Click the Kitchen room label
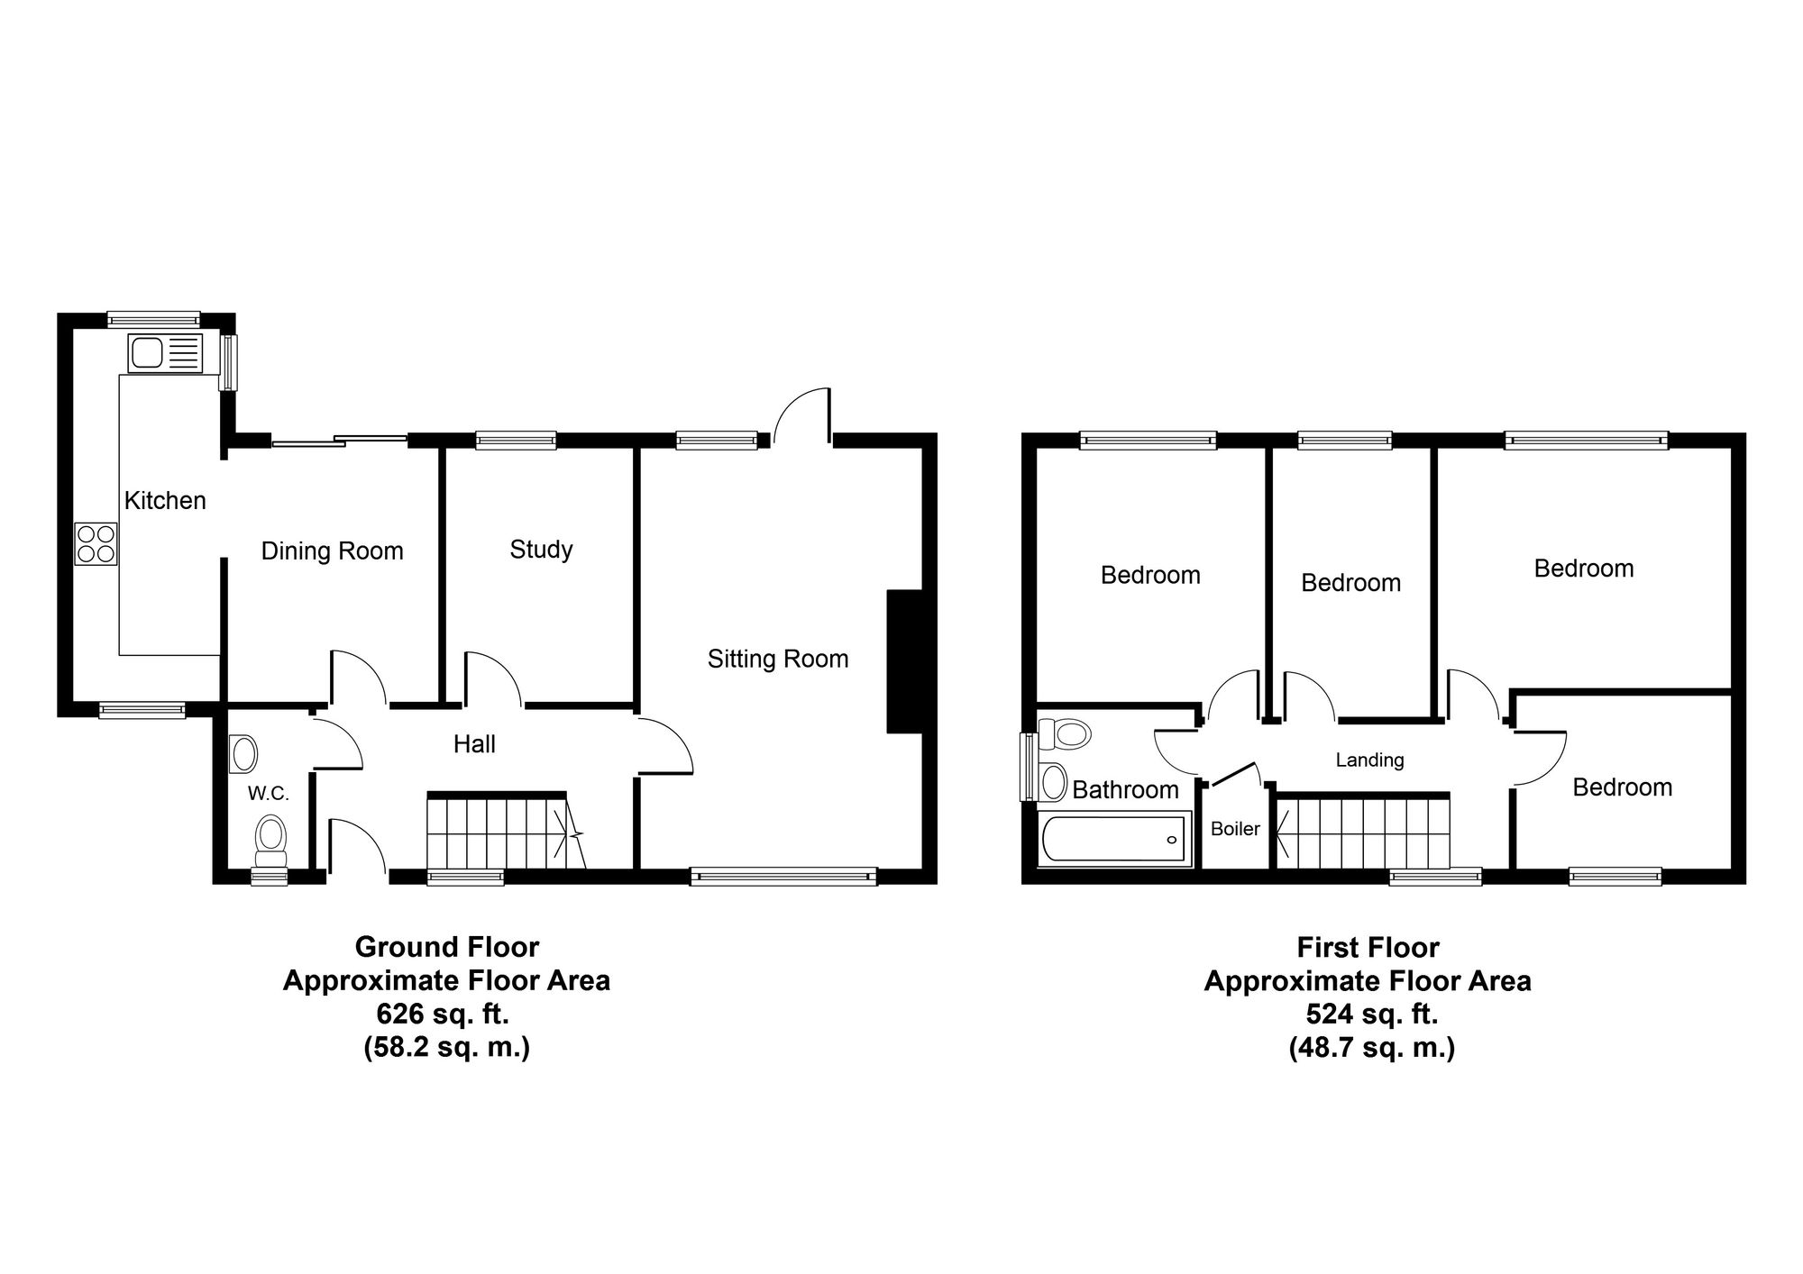[x=165, y=500]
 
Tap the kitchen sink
[x=166, y=352]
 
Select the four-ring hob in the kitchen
[x=96, y=543]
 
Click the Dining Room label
[x=333, y=551]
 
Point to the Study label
[x=541, y=550]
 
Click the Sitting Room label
[x=778, y=659]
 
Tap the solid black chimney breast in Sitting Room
[x=905, y=661]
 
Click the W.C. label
[x=269, y=794]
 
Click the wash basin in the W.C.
[x=243, y=754]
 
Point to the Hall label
[x=474, y=744]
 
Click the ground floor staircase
[x=506, y=831]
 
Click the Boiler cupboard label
[x=1235, y=828]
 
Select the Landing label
[x=1369, y=760]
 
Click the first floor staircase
[x=1362, y=831]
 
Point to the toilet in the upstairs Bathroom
[x=1064, y=733]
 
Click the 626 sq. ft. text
[x=443, y=1014]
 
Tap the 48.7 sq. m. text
[x=1372, y=1048]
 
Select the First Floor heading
[x=1368, y=947]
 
